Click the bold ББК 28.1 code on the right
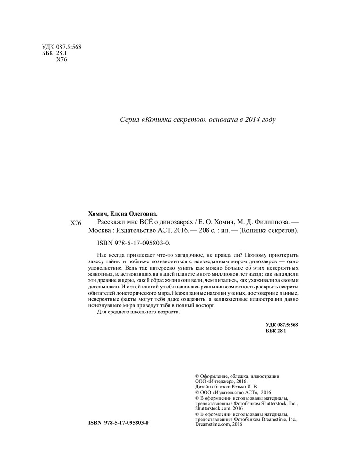click(x=277, y=332)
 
